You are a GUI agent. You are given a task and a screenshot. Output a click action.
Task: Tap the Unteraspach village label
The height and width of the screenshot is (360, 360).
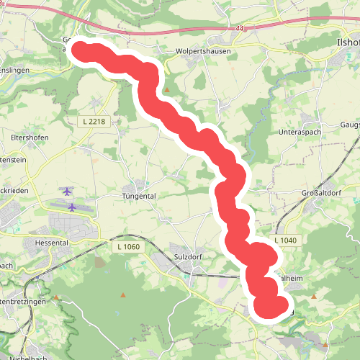(x=299, y=133)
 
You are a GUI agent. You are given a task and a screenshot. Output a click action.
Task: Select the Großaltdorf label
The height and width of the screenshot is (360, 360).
(x=320, y=193)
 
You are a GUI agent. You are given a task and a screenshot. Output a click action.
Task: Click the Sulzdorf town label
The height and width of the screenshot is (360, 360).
(x=190, y=256)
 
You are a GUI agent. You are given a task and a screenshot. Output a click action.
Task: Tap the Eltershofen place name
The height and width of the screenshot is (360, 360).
(x=30, y=134)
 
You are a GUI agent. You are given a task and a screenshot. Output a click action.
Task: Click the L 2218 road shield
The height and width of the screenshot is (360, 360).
(x=94, y=122)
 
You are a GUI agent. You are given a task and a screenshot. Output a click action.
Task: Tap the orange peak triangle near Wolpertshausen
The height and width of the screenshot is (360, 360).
(x=167, y=90)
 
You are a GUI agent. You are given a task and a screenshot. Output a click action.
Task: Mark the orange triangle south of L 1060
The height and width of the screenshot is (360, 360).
(x=123, y=295)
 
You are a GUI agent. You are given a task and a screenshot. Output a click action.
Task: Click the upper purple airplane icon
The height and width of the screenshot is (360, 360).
(x=68, y=192)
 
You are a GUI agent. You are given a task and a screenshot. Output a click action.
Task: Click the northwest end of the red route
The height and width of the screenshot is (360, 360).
(x=81, y=49)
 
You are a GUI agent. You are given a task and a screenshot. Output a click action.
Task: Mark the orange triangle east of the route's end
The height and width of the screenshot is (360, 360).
(x=314, y=296)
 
